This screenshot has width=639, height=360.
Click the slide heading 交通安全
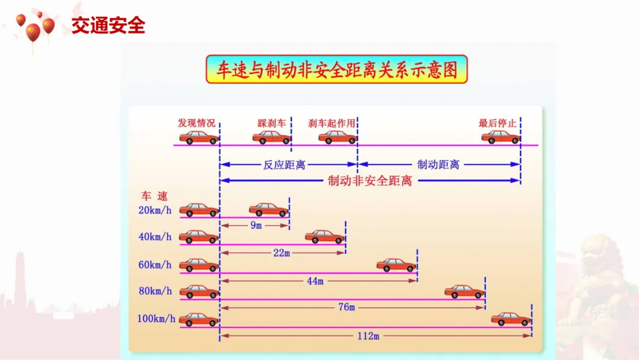(x=108, y=26)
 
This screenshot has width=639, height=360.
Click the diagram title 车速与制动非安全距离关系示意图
(x=336, y=70)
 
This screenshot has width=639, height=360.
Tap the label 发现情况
(x=196, y=123)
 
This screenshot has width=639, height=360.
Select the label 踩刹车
(x=272, y=123)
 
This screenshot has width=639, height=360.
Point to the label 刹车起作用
(x=332, y=123)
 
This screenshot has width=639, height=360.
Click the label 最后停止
(x=497, y=123)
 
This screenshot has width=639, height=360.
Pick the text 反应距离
(x=284, y=165)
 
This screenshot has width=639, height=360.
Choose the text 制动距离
(x=438, y=165)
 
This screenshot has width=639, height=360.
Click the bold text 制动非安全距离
(x=370, y=181)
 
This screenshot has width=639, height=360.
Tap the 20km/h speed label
(x=155, y=210)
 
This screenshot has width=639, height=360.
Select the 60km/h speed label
(x=155, y=265)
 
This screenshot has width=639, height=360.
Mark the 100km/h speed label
(x=156, y=319)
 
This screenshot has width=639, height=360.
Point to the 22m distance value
(x=282, y=253)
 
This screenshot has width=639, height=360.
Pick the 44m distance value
(x=315, y=281)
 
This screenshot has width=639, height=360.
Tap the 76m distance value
(x=347, y=307)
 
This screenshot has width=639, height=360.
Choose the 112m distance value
(x=368, y=336)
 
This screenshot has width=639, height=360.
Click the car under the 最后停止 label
(x=500, y=137)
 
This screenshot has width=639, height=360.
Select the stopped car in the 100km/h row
(x=511, y=319)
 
